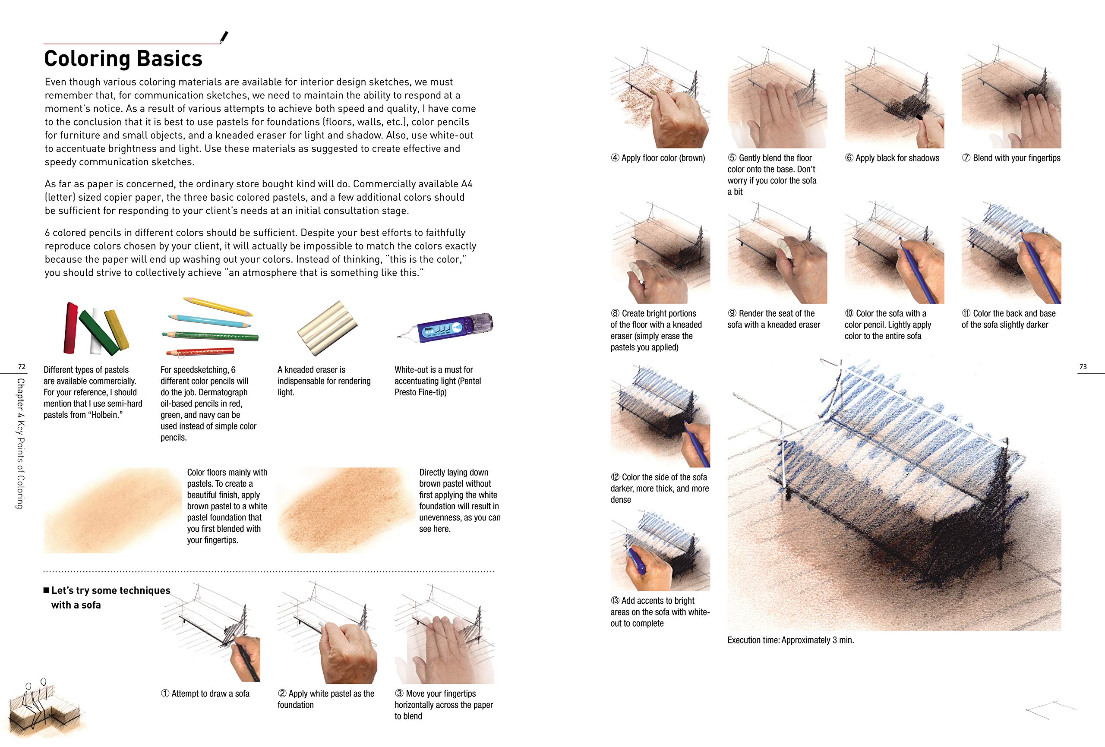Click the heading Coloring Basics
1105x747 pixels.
pos(123,59)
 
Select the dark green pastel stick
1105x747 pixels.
pos(98,332)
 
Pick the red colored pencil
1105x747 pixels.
pos(200,352)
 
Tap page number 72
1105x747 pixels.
pos(22,367)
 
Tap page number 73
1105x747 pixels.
pos(1083,367)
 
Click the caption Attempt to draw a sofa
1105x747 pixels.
pos(205,694)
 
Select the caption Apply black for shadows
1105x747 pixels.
pos(892,158)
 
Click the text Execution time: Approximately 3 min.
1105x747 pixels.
pos(790,640)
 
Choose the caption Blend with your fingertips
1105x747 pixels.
pos(1011,158)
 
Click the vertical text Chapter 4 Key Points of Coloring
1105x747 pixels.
pos(20,443)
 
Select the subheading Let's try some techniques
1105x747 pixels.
pos(110,590)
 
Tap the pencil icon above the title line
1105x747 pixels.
pos(224,37)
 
